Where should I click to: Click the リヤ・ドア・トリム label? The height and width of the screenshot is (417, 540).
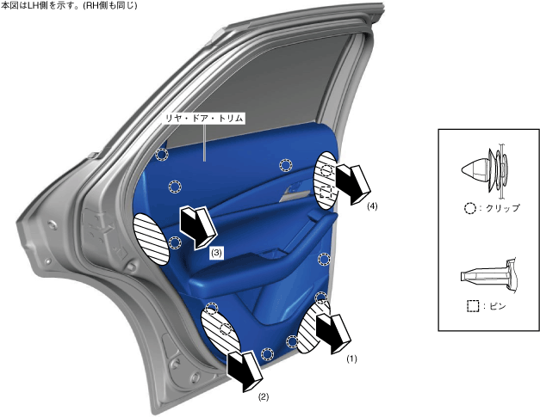coord(205,119)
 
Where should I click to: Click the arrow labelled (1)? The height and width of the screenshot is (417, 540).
coord(333,333)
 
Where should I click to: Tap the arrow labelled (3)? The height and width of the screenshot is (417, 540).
coord(197,227)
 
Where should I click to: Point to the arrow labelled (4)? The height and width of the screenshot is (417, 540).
coord(352,185)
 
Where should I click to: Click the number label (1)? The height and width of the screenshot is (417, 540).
coord(351,359)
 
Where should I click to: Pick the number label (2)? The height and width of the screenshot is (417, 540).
coord(264,397)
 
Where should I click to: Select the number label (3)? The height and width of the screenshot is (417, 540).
coord(216,253)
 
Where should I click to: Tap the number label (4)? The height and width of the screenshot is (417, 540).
coord(372,206)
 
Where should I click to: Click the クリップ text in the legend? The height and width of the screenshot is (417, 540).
coord(502,208)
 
